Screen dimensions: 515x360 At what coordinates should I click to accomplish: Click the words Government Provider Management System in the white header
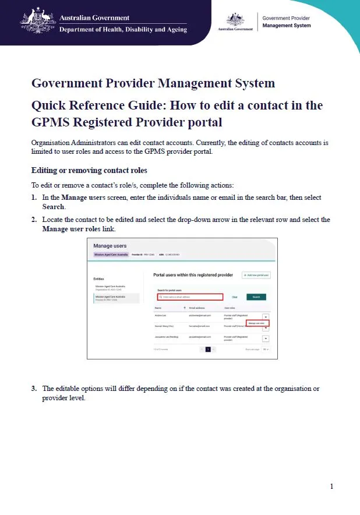pos(287,22)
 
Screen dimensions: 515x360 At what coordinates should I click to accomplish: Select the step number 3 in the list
pos(34,389)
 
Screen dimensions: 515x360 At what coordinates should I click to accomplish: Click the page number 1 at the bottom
pos(331,486)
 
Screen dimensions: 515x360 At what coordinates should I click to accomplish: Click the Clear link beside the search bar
pos(235,297)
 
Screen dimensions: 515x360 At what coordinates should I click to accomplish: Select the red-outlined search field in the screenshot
pos(190,297)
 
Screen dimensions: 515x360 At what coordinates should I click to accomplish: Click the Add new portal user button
pos(257,274)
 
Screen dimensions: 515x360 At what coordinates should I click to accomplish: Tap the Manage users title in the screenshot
pos(110,246)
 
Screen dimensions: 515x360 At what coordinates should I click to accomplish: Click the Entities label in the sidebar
pos(98,279)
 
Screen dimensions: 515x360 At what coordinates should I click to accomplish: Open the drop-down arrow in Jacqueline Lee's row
pos(265,338)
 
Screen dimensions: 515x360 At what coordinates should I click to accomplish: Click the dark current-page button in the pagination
pos(207,350)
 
